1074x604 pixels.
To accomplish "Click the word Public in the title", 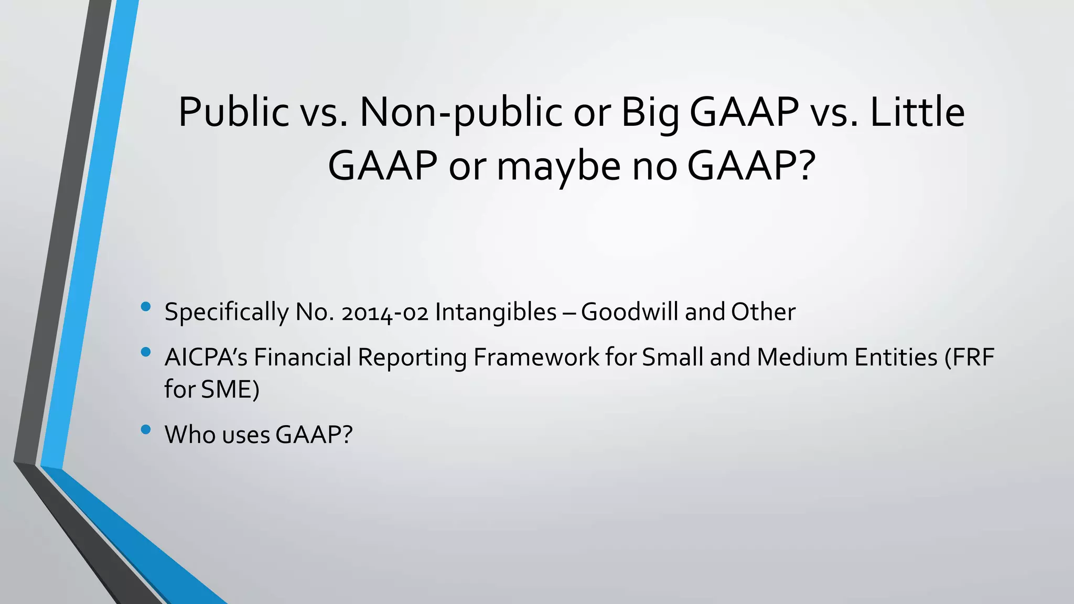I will click(233, 112).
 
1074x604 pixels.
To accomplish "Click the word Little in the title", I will click(917, 112).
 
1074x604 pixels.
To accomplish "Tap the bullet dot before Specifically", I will click(146, 307).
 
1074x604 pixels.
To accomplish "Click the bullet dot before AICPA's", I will click(146, 352).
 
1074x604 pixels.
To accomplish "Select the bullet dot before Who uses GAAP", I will click(146, 430).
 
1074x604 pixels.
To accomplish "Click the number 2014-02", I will click(384, 312).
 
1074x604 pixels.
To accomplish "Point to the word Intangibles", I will click(496, 312).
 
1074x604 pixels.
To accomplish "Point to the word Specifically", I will click(226, 312).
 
